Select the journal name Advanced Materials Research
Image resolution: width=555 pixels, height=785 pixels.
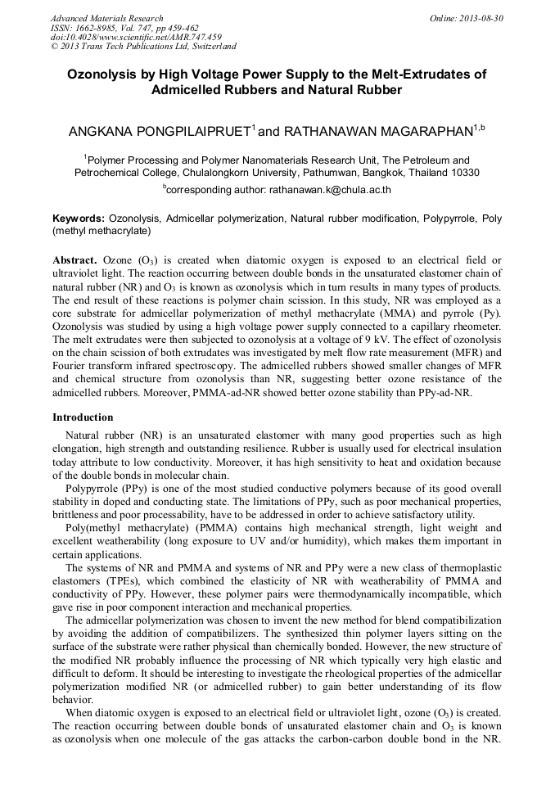[106, 18]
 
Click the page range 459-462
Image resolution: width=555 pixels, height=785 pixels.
[197, 27]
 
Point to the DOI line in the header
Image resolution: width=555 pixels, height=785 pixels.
[135, 37]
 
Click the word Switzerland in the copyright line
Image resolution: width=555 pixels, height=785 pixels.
[210, 47]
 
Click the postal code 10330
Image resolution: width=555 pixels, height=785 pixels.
[464, 173]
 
